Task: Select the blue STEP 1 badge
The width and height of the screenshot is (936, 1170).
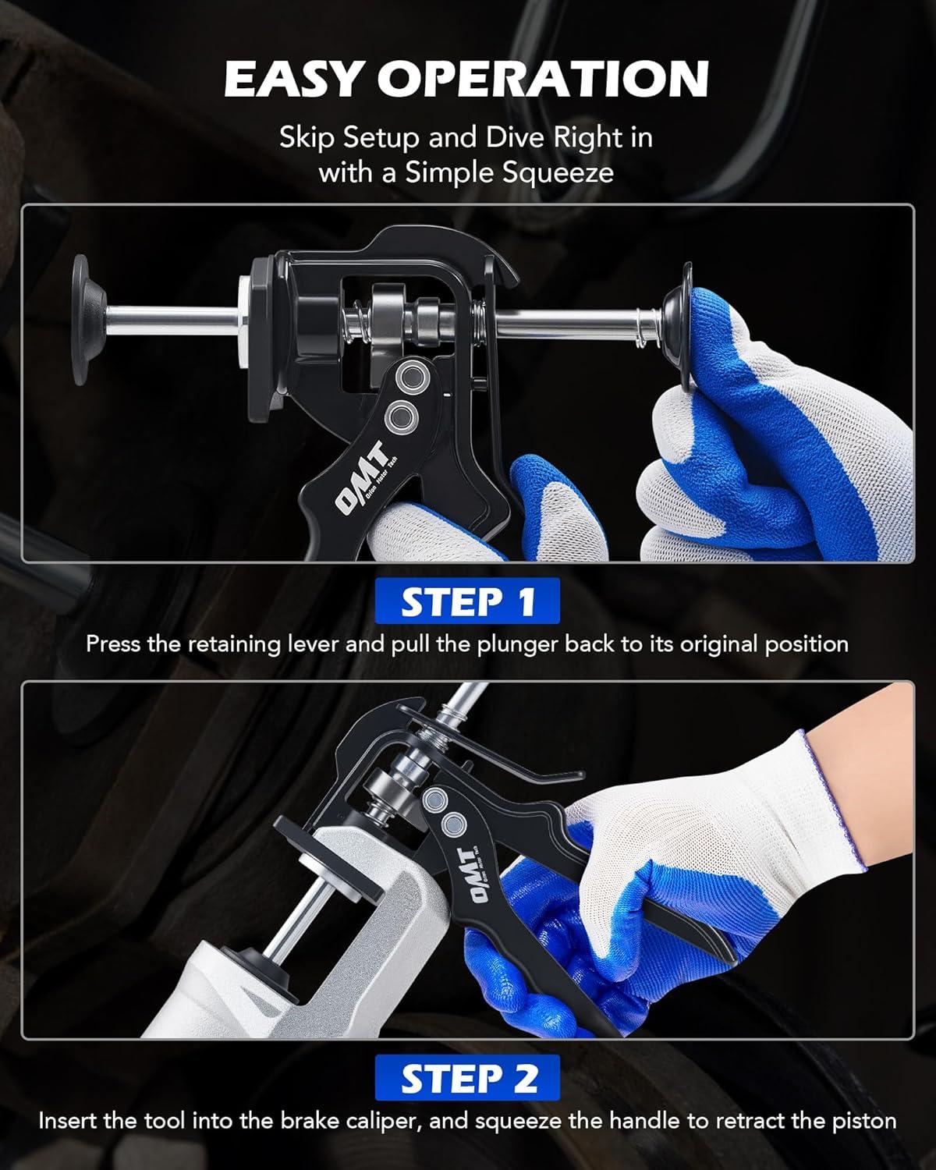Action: point(467,601)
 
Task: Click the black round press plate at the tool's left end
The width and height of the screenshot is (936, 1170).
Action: point(89,320)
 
